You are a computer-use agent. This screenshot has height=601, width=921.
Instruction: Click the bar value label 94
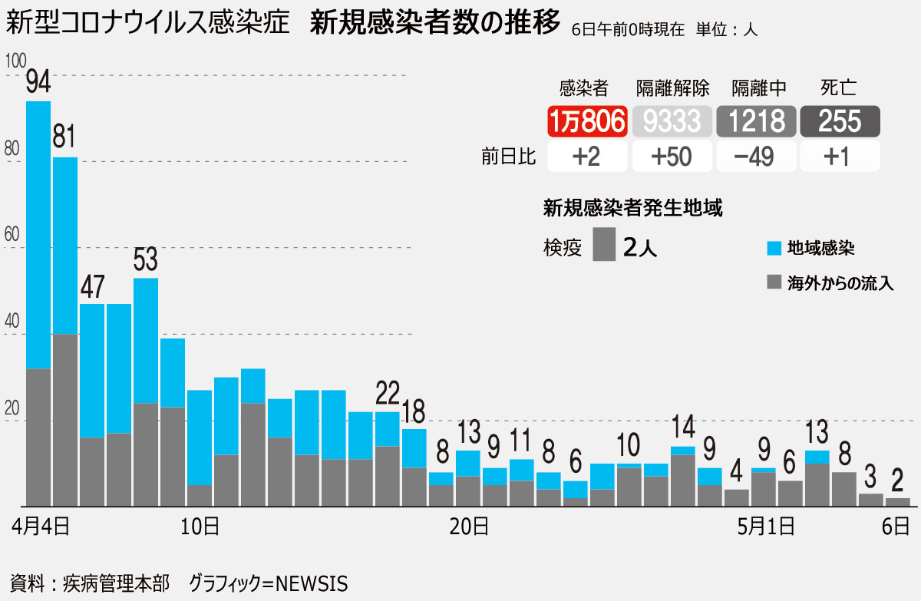[38, 81]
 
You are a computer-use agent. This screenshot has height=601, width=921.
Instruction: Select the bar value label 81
[64, 137]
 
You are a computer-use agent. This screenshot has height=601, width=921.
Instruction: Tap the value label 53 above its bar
[146, 259]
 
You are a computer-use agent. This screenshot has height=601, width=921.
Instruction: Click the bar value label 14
[683, 426]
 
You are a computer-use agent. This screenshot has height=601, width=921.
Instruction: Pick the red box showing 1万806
[587, 121]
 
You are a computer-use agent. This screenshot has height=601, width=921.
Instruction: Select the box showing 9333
[672, 121]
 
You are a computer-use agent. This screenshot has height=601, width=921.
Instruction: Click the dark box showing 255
[840, 121]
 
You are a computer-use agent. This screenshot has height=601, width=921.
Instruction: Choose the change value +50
[672, 157]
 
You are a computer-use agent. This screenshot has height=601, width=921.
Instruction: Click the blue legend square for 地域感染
[774, 248]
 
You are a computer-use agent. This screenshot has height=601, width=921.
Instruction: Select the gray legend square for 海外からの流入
[774, 282]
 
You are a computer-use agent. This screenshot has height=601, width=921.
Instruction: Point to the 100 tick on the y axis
[15, 61]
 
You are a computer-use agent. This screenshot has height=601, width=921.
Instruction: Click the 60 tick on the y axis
[12, 234]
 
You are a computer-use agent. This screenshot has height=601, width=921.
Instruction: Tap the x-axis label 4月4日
[40, 527]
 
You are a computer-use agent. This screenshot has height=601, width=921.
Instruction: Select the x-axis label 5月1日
[766, 527]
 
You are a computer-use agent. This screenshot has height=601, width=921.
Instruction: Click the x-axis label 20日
[469, 527]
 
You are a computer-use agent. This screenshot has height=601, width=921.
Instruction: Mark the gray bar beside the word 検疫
[604, 244]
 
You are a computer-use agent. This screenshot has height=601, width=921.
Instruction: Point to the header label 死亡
[839, 88]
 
